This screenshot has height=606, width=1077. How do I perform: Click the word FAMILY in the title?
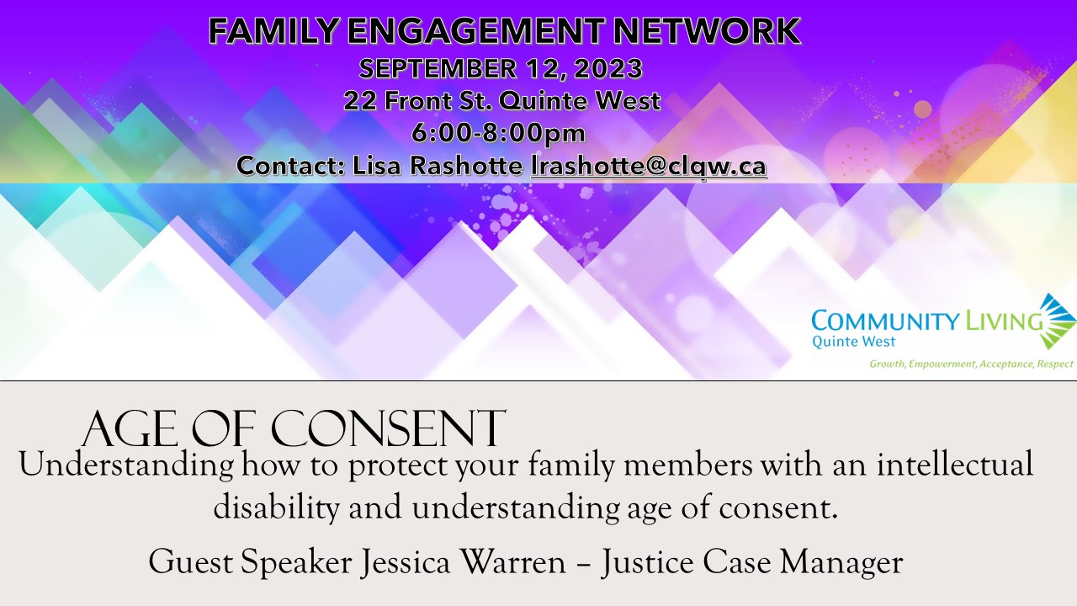point(273,31)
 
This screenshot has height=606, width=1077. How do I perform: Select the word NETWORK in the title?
point(707,31)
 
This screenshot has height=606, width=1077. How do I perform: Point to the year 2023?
point(607,68)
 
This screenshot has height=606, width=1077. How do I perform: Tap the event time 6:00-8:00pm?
point(499,133)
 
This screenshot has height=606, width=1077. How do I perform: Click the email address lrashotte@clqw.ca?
point(649,166)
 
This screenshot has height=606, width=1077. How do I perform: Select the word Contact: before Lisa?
point(291,166)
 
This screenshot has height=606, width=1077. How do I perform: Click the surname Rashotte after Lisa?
point(466,166)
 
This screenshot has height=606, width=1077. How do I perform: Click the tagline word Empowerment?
point(941,364)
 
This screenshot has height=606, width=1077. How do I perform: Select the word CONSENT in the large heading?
point(388,429)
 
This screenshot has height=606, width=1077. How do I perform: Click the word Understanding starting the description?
point(126,466)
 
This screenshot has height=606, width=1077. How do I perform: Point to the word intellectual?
point(955,465)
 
